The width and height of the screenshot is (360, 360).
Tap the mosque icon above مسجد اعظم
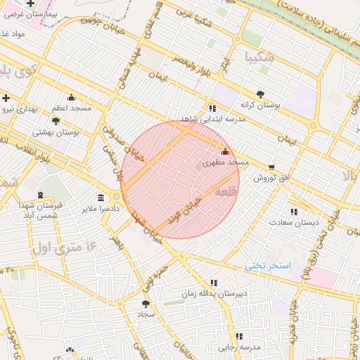[x=71, y=98]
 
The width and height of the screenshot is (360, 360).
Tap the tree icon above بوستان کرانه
[x=260, y=94]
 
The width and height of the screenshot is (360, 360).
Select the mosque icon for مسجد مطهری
[x=225, y=151]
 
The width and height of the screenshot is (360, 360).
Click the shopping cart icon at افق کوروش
[x=271, y=167]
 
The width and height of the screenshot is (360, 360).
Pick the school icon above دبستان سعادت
[x=294, y=211]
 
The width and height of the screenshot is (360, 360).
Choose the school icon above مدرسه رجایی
[x=240, y=335]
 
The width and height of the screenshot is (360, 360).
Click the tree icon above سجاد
[x=146, y=304]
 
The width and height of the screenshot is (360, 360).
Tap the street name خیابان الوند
[x=185, y=209]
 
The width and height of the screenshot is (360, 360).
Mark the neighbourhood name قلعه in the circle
[x=226, y=191]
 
